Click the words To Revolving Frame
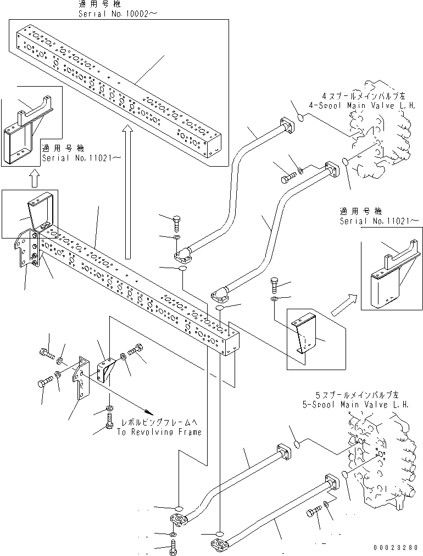pyautogui.click(x=159, y=432)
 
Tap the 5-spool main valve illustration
pyautogui.click(x=385, y=455)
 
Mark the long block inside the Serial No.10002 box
pyautogui.click(x=118, y=93)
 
